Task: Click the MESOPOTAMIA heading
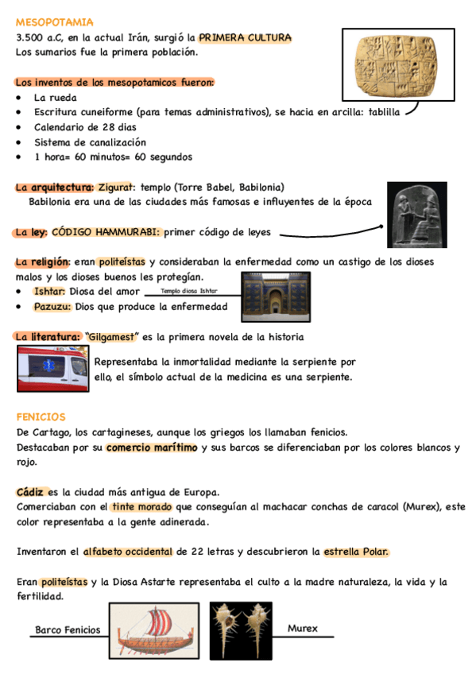tap(55, 22)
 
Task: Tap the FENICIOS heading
tap(41, 416)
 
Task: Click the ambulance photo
tap(53, 370)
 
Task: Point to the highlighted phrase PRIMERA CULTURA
tap(245, 37)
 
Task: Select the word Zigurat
tap(117, 188)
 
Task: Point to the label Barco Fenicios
tap(68, 629)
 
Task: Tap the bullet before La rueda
tap(19, 97)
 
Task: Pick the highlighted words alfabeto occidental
tap(127, 551)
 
